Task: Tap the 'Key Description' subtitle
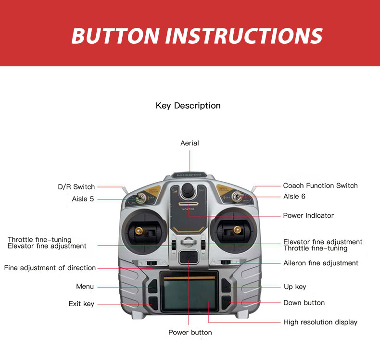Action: pyautogui.click(x=188, y=106)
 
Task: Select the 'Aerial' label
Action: pyautogui.click(x=190, y=143)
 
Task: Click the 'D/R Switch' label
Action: pyautogui.click(x=76, y=187)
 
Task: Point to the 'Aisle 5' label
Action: pyautogui.click(x=80, y=199)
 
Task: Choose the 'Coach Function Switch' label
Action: pyautogui.click(x=320, y=186)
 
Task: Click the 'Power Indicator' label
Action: pyautogui.click(x=308, y=215)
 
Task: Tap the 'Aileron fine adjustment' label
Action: pyautogui.click(x=321, y=263)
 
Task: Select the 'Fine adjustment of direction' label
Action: pyautogui.click(x=50, y=268)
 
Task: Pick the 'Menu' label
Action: pyautogui.click(x=85, y=286)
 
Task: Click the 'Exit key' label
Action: pyautogui.click(x=82, y=304)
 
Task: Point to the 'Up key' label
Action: pyautogui.click(x=295, y=287)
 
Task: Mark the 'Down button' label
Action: pyautogui.click(x=304, y=303)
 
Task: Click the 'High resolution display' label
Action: pyautogui.click(x=320, y=322)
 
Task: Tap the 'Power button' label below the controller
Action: pyautogui.click(x=190, y=332)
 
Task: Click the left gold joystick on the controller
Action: pyautogui.click(x=140, y=232)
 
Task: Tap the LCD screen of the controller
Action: pyautogui.click(x=189, y=295)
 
